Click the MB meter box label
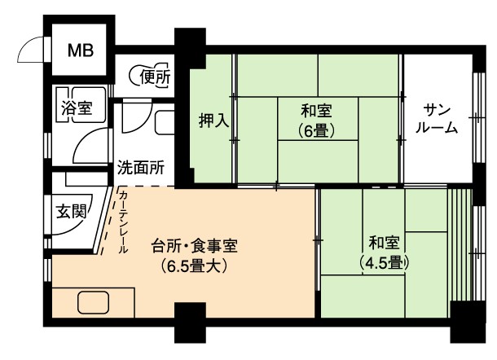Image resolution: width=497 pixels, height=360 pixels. pos(81,50)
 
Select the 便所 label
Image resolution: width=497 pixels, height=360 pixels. pos(156,77)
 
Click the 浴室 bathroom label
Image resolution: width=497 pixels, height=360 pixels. pos(77,108)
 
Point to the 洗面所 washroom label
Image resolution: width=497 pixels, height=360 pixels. pos(141,167)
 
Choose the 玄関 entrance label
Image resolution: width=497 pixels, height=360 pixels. pos(72,211)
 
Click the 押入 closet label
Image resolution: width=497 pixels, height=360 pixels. pos(214,121)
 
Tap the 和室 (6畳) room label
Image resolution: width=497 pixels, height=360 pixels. pos(316,121)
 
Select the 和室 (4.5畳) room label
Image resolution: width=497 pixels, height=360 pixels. pos(384,252)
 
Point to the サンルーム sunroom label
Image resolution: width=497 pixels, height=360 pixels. pos(437,119)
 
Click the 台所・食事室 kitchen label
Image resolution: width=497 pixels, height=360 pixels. pos(195,246)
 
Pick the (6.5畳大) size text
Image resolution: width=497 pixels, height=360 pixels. pos(194,266)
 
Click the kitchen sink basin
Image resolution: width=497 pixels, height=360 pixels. pos(93,303)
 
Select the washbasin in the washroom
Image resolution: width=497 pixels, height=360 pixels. pos(165,123)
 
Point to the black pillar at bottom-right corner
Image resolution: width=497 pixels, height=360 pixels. pos(468,322)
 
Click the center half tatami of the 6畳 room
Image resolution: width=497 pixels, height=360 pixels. pos(318,119)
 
